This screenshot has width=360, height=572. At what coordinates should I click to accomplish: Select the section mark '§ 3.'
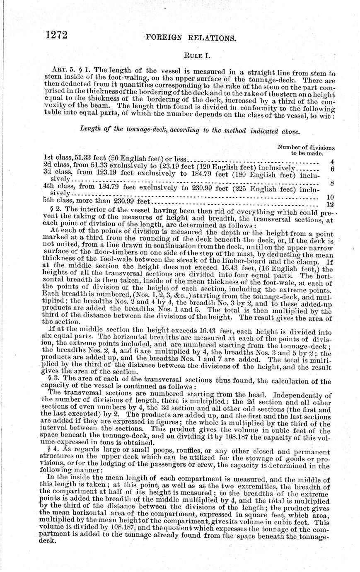53,380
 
